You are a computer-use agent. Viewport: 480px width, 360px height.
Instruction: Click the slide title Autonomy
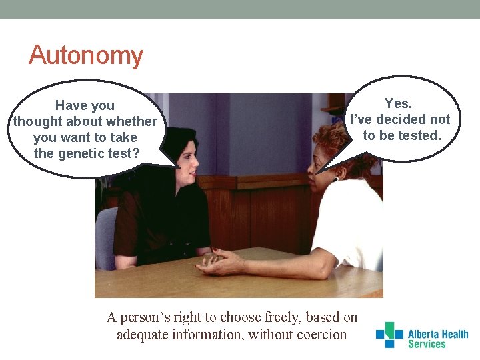pos(85,55)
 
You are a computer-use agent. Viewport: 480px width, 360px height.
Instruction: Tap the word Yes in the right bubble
pos(398,103)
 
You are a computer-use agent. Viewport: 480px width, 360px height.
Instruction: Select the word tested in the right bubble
pos(420,135)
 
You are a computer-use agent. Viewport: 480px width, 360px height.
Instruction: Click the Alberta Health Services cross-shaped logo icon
pos(389,334)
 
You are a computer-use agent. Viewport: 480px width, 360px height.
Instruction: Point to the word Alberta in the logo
pos(427,334)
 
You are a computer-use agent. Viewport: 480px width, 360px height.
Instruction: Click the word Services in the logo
pos(427,345)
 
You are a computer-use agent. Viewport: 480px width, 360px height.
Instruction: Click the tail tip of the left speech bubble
pos(179,166)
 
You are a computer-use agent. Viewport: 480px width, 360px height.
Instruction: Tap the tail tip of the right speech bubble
pos(317,173)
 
